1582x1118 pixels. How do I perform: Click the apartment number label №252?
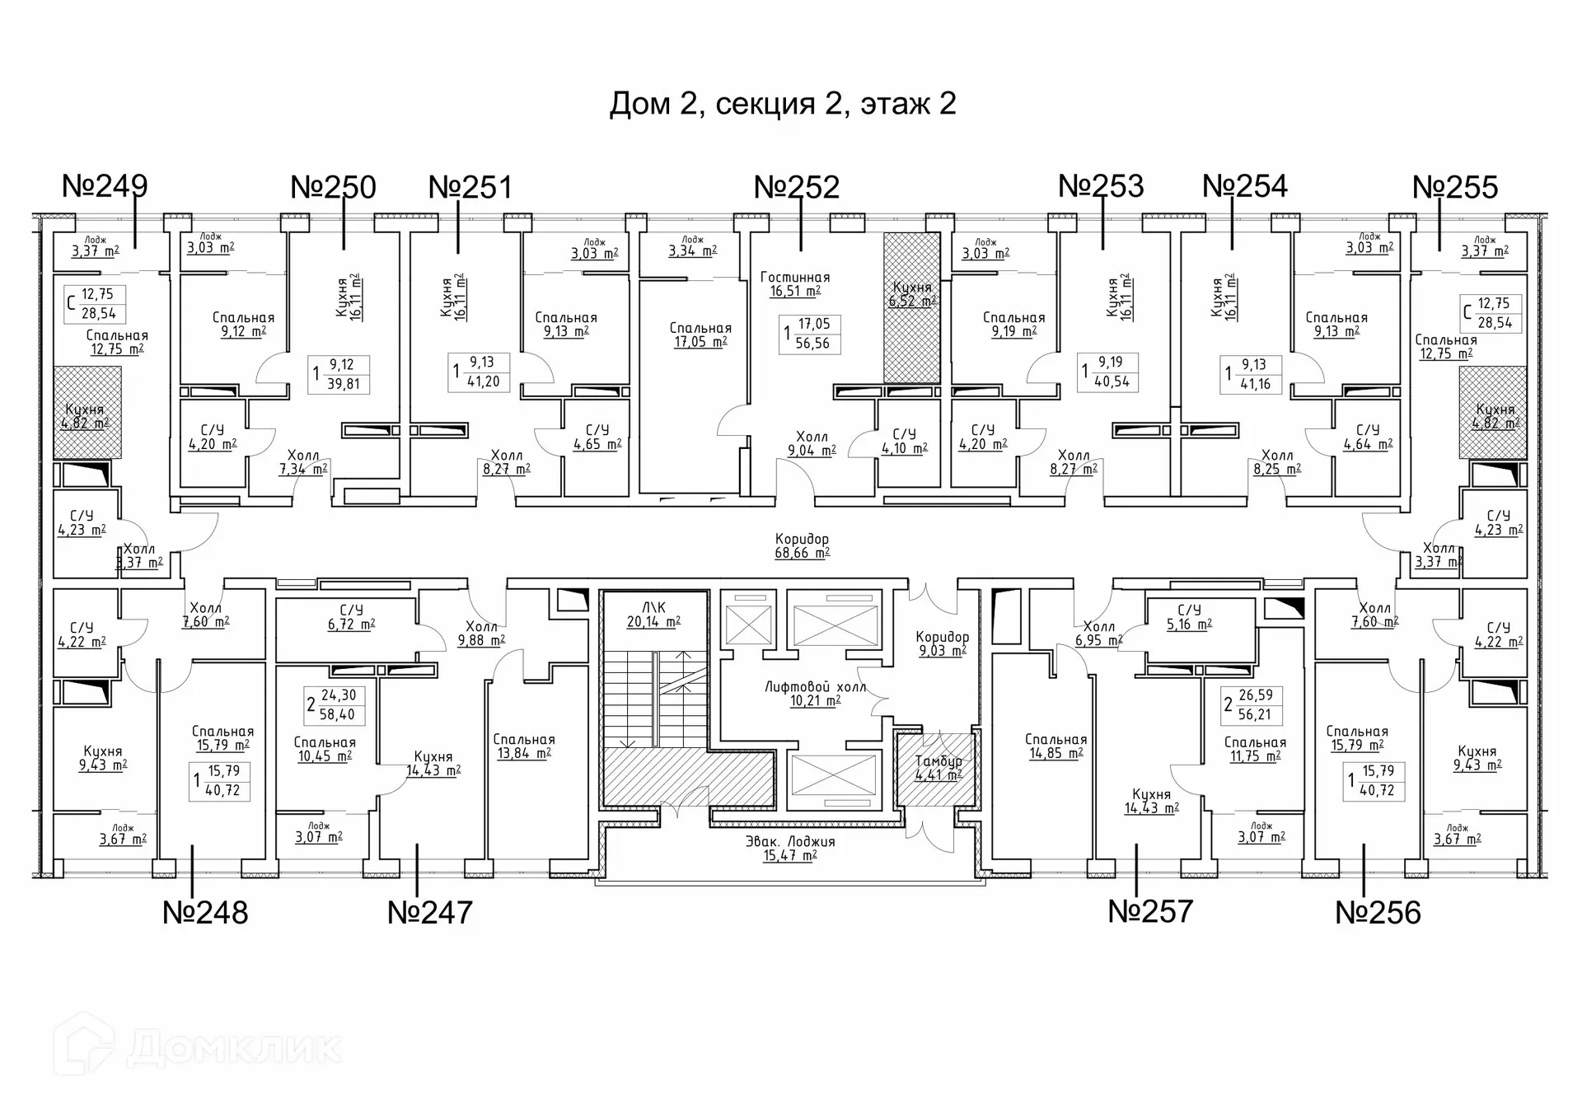[x=797, y=188]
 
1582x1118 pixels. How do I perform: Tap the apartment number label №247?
[x=430, y=912]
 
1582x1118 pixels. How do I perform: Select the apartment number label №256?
[x=1378, y=913]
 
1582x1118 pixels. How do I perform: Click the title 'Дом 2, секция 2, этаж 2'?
[x=783, y=104]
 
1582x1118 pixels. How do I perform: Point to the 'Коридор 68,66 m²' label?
[x=802, y=546]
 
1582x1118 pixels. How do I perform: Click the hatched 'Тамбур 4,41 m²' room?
[x=938, y=768]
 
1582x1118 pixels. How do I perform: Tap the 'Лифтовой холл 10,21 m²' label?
[x=815, y=694]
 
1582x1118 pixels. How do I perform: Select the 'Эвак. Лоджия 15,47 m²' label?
[x=790, y=849]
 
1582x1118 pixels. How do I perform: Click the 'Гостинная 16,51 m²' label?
[x=795, y=284]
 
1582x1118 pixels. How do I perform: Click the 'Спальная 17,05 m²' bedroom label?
[x=700, y=335]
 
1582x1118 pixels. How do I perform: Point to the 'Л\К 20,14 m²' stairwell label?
[x=653, y=615]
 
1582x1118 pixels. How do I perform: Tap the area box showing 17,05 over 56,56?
[x=810, y=334]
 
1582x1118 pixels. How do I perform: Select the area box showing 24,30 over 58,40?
[x=335, y=705]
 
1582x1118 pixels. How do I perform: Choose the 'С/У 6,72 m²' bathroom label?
[x=351, y=617]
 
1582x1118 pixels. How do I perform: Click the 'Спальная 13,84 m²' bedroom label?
[x=524, y=746]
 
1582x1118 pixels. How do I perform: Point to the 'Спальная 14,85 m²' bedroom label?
[x=1055, y=746]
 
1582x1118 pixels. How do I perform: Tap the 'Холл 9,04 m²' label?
[x=812, y=443]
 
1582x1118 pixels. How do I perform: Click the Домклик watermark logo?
[x=198, y=1047]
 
